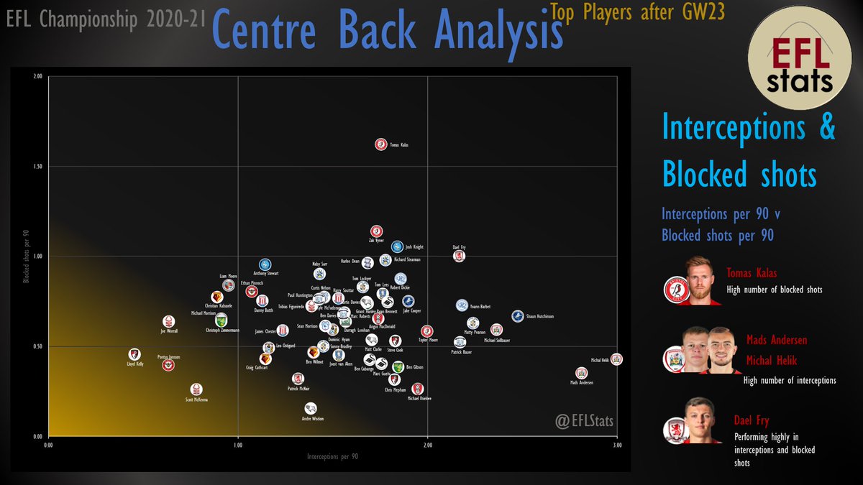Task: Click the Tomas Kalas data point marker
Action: (x=381, y=144)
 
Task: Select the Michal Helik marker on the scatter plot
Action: (x=616, y=359)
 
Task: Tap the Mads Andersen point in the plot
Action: (x=581, y=373)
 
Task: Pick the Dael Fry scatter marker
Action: (x=459, y=256)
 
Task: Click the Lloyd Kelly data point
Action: (x=134, y=354)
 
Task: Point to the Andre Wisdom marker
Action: (x=310, y=408)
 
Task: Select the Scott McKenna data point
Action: (x=196, y=389)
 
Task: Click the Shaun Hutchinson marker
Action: (x=518, y=316)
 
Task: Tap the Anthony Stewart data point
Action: (x=265, y=264)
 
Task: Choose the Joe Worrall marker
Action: (x=168, y=322)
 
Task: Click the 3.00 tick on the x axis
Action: (x=616, y=445)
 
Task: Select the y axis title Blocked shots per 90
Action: (x=25, y=257)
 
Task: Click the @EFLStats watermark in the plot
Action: (x=584, y=421)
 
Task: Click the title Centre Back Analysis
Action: (x=387, y=29)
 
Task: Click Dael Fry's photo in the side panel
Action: (x=701, y=419)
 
